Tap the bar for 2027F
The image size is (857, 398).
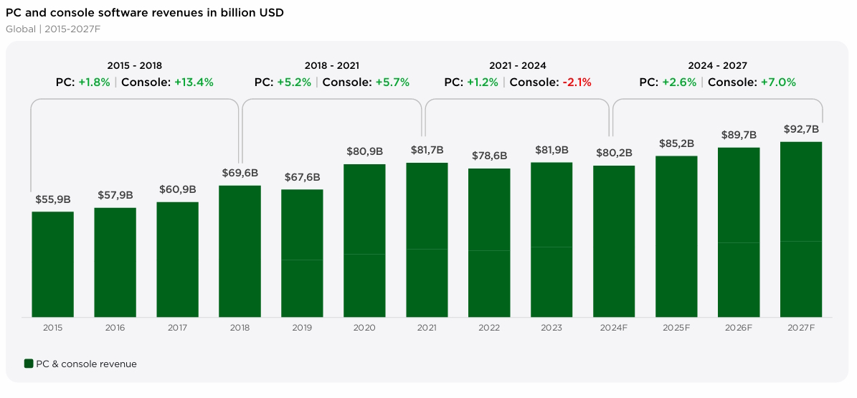pyautogui.click(x=801, y=229)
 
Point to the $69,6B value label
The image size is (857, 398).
pyautogui.click(x=240, y=173)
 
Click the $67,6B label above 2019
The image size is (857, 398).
pyautogui.click(x=302, y=177)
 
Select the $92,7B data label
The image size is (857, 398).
pyautogui.click(x=801, y=129)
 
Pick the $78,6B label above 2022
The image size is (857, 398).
pyautogui.click(x=489, y=156)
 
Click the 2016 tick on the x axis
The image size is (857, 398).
pyautogui.click(x=115, y=328)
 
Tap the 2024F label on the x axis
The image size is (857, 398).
pyautogui.click(x=614, y=328)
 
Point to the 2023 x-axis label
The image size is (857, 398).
pyautogui.click(x=551, y=328)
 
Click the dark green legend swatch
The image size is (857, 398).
pyautogui.click(x=29, y=364)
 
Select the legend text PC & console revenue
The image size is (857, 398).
pyautogui.click(x=86, y=364)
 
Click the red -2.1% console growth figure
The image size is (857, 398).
pyautogui.click(x=577, y=82)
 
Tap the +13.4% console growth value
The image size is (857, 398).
pyautogui.click(x=194, y=82)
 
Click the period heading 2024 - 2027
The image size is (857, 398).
pyautogui.click(x=717, y=65)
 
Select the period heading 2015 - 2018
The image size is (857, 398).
pyautogui.click(x=135, y=65)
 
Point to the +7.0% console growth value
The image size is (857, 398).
pyautogui.click(x=778, y=82)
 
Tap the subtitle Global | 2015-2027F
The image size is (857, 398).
pyautogui.click(x=52, y=29)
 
